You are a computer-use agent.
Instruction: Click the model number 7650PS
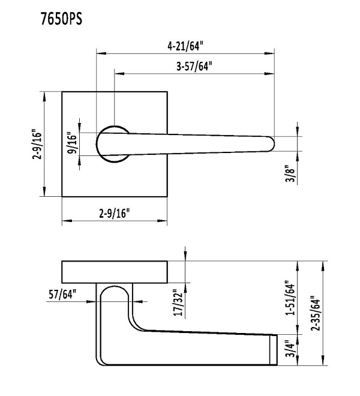(61, 19)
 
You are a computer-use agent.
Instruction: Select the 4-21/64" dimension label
(186, 45)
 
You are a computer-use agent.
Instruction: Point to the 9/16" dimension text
(72, 143)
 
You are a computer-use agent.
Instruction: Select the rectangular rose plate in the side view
(115, 272)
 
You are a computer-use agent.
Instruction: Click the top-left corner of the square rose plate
(62, 92)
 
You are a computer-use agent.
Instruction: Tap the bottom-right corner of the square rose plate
(167, 196)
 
